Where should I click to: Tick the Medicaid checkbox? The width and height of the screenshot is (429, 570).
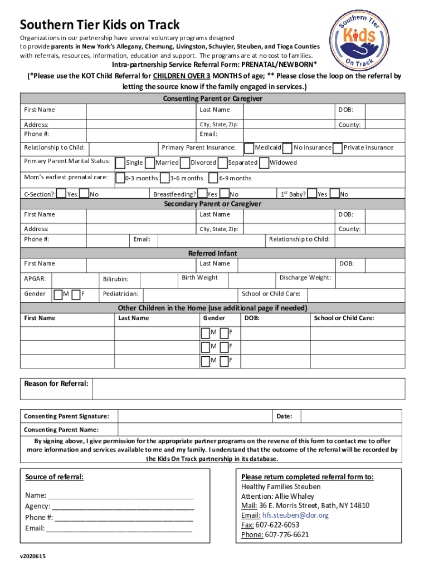(250, 148)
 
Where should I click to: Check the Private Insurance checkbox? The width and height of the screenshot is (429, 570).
(338, 148)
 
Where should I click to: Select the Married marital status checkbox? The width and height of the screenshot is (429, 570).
(150, 163)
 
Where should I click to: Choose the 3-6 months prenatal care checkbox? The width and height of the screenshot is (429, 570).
(164, 178)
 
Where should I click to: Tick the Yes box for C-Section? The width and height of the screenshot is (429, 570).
(62, 194)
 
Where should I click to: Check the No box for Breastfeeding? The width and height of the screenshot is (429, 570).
(225, 194)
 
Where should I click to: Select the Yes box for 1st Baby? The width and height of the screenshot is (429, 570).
(312, 194)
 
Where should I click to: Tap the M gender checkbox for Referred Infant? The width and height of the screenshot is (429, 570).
(58, 294)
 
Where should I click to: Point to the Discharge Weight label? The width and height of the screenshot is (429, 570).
(305, 278)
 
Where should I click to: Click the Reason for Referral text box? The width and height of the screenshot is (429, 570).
(247, 389)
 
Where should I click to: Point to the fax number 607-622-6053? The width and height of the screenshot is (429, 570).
(277, 525)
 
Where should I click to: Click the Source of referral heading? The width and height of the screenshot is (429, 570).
(55, 478)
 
